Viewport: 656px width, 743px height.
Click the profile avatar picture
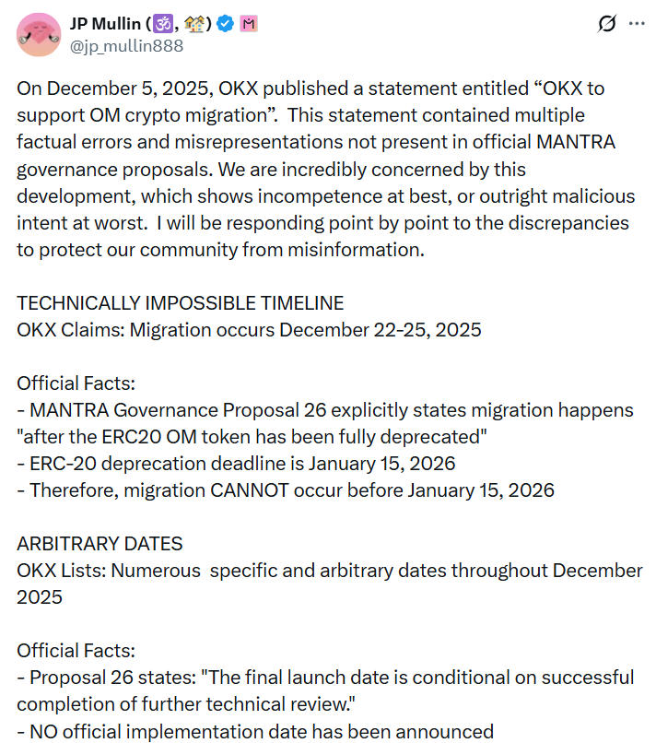coord(37,33)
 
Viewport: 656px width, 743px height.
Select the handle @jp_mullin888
coord(126,45)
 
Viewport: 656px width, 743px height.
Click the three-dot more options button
coord(637,24)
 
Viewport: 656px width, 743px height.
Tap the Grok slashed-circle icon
coord(606,24)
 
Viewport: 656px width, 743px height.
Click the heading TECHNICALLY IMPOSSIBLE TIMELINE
coord(181,303)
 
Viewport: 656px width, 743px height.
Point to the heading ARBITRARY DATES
coord(100,543)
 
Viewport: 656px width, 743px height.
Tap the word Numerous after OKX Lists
coord(156,571)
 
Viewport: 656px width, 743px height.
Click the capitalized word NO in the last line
coord(44,732)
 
